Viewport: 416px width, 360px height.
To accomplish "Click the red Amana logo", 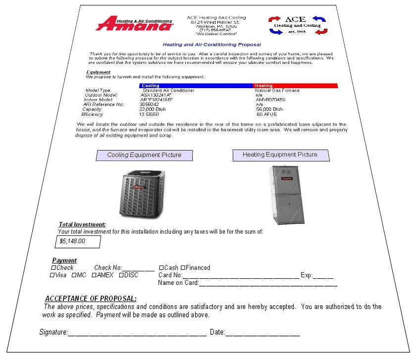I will (135, 25).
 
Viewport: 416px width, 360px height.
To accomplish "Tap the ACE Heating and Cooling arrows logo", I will (298, 25).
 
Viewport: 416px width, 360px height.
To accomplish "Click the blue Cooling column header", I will (196, 86).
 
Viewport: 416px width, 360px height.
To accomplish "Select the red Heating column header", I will (296, 86).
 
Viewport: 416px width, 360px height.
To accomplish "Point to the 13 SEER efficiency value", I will (149, 114).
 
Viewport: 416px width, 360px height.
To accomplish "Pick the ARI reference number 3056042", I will (150, 104).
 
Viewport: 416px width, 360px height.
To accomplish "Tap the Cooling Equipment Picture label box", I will (144, 155).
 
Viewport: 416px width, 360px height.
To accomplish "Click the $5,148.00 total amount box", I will (77, 242).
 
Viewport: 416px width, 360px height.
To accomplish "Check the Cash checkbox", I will (161, 268).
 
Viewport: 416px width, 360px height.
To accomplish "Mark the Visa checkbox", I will (52, 275).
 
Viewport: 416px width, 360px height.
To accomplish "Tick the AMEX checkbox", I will (94, 275).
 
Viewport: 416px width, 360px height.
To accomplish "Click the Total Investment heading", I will (82, 224).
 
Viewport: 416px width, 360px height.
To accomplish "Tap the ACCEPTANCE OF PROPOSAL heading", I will (91, 299).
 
